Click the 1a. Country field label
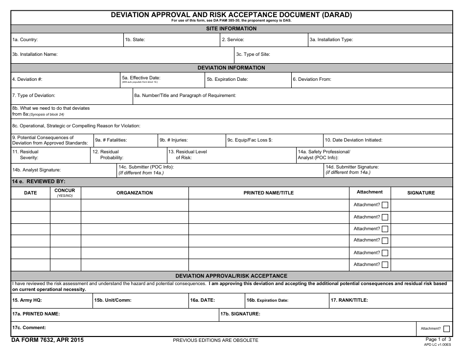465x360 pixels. (x=25, y=40)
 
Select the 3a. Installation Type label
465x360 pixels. (x=331, y=40)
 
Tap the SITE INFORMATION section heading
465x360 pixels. (x=231, y=28)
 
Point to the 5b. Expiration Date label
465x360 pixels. (x=227, y=79)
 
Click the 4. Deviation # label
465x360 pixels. (x=27, y=79)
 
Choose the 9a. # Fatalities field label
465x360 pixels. (x=111, y=140)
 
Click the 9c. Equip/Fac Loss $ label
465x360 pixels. (x=250, y=140)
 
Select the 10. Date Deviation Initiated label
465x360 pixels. (x=353, y=140)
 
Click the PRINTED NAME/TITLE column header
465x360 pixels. (x=269, y=193)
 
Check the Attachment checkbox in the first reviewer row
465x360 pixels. (x=385, y=205)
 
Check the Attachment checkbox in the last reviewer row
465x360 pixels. (x=385, y=265)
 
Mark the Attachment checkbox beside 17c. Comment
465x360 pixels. (x=446, y=329)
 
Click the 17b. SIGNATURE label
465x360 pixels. (x=240, y=313)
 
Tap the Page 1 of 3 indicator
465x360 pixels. (x=438, y=339)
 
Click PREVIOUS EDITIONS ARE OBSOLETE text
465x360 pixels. (x=215, y=340)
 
